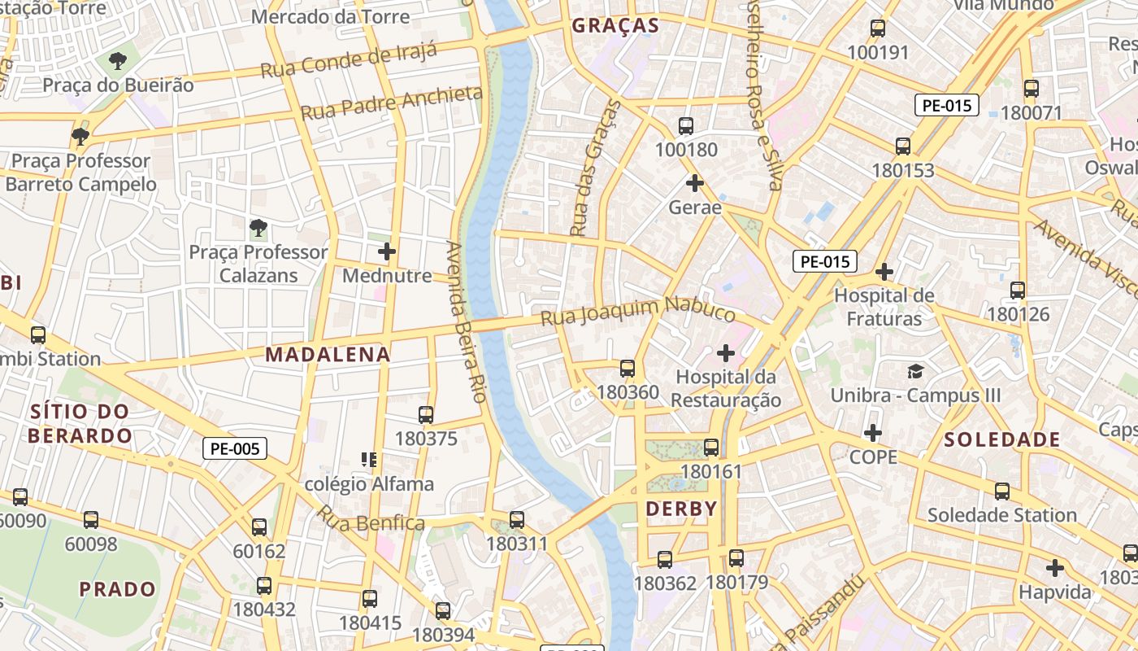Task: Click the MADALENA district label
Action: [328, 355]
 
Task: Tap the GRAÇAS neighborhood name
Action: [615, 25]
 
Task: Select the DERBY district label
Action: [681, 509]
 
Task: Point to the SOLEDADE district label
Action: [1002, 440]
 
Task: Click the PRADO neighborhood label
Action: [118, 589]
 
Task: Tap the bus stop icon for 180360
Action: [628, 369]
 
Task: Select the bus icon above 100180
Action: [686, 126]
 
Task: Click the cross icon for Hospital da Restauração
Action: [726, 353]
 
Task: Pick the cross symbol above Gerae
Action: [694, 183]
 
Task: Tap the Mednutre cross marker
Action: [387, 251]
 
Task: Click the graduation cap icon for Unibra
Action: [916, 372]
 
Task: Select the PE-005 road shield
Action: [235, 448]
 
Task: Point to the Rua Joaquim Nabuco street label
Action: [638, 310]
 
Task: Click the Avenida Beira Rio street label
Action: [466, 321]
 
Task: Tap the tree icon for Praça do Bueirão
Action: [118, 60]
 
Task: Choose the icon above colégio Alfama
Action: [369, 460]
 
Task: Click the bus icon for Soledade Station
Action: [1002, 492]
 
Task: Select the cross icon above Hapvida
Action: [1055, 567]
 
